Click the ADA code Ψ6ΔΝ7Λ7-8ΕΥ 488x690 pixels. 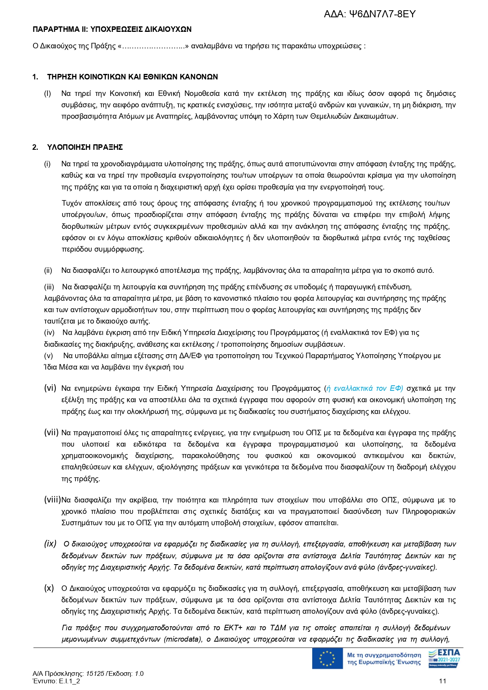click(x=382, y=14)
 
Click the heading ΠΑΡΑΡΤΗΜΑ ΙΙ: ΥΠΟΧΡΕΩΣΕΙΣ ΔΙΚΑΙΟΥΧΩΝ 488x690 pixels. click(x=112, y=29)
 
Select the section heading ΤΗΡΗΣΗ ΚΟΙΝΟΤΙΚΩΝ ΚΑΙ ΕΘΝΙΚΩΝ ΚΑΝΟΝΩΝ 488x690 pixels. click(x=133, y=77)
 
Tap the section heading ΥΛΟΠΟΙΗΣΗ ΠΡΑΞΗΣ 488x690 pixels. click(x=85, y=147)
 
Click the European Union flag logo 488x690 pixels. click(x=327, y=659)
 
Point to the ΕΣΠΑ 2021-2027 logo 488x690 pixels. click(x=444, y=659)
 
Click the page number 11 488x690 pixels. click(x=442, y=681)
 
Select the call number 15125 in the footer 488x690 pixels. click(x=98, y=673)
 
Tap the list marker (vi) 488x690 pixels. click(x=50, y=388)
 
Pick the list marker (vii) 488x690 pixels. click(x=51, y=432)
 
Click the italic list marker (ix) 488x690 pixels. click(x=50, y=544)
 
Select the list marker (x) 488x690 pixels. click(x=49, y=588)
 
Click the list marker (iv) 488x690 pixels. click(x=49, y=333)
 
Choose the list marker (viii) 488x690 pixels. click(x=52, y=500)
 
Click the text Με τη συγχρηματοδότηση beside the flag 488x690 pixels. click(x=384, y=655)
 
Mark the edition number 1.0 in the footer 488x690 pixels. click(x=139, y=673)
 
